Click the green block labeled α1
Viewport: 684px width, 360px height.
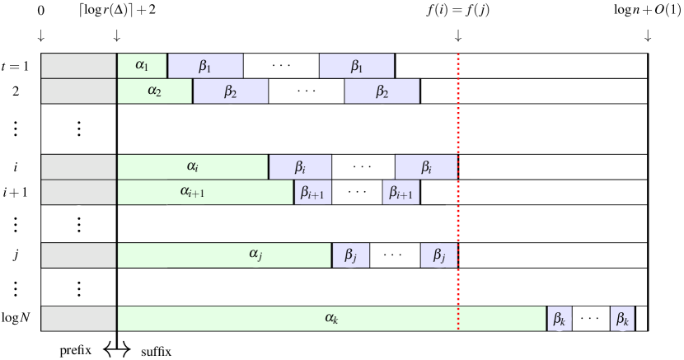[x=142, y=66]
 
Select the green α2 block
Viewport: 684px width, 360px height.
[x=155, y=91]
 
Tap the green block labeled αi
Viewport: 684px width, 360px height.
[x=193, y=167]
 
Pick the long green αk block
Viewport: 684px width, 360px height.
[x=331, y=319]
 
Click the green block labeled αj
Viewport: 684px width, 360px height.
[x=224, y=255]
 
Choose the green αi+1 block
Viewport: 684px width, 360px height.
[x=205, y=192]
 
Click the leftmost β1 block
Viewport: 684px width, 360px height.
[x=205, y=66]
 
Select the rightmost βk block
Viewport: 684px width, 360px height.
[x=622, y=319]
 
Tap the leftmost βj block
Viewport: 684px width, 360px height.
[x=351, y=255]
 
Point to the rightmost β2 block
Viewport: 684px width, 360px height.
[x=382, y=91]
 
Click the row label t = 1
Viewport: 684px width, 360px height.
[x=17, y=66]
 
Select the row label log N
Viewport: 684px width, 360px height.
[x=17, y=319]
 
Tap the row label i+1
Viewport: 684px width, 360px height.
[x=17, y=192]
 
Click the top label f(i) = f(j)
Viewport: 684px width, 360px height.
[x=457, y=12]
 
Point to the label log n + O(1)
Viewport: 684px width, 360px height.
[x=647, y=12]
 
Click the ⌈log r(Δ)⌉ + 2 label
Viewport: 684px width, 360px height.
[x=116, y=12]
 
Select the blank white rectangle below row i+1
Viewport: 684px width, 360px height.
[x=293, y=217]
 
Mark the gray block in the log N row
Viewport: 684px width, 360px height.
[x=79, y=319]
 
